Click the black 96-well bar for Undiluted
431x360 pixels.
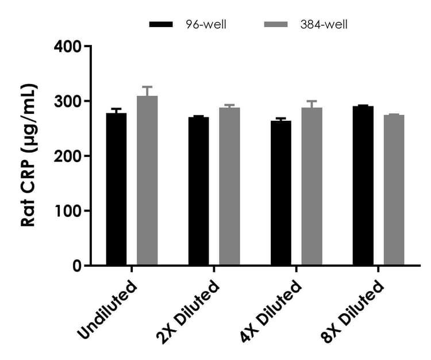116,189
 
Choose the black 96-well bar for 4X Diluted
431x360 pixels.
280,193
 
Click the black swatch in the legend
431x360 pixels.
161,24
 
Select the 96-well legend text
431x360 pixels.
206,24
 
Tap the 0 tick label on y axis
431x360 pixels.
76,266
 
